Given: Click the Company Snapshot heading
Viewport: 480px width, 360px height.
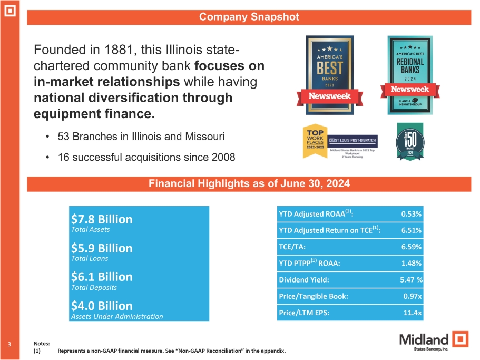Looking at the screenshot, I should [x=249, y=17].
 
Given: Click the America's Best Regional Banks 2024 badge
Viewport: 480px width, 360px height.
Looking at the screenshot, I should [x=410, y=75].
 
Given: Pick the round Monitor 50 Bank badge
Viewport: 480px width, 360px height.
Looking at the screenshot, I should [x=409, y=141].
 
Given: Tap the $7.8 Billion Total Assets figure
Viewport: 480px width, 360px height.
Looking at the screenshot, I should [x=101, y=219].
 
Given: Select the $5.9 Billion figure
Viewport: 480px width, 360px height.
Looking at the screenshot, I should [x=101, y=248].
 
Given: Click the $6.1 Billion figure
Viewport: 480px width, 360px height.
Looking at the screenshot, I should [x=101, y=277].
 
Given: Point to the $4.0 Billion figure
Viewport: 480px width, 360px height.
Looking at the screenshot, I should [x=101, y=306].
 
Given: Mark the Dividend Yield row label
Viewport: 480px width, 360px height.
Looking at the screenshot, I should [x=305, y=280].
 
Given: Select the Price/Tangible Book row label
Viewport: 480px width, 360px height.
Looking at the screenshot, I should [x=313, y=296].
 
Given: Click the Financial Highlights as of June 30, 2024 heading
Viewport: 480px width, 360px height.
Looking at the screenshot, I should [x=249, y=183].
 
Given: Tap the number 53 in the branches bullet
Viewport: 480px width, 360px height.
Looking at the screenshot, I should [x=65, y=137].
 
